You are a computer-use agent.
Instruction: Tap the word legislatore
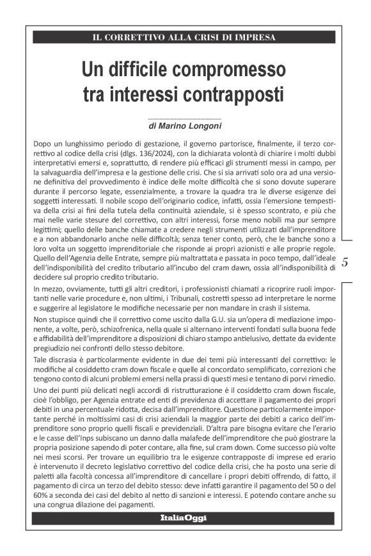pos(105,310)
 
